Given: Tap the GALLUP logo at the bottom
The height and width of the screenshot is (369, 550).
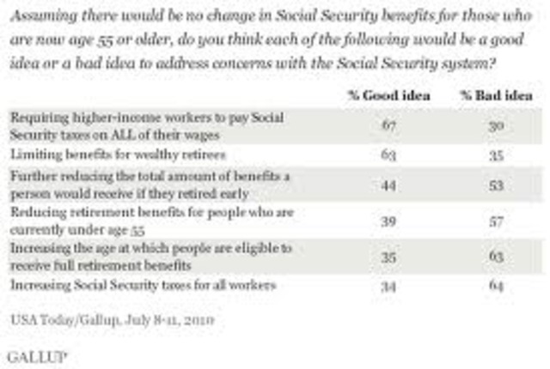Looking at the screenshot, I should (x=30, y=353).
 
